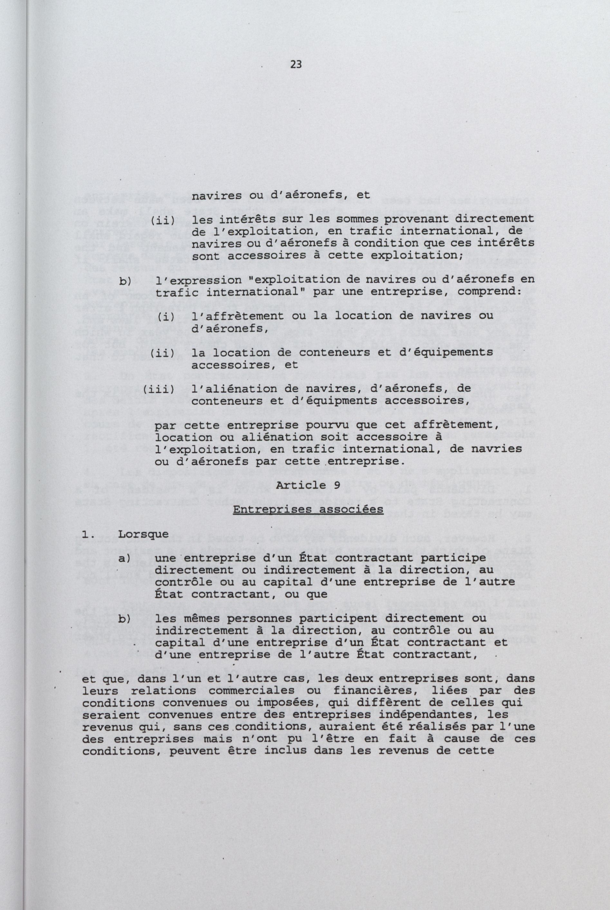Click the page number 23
296,65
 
